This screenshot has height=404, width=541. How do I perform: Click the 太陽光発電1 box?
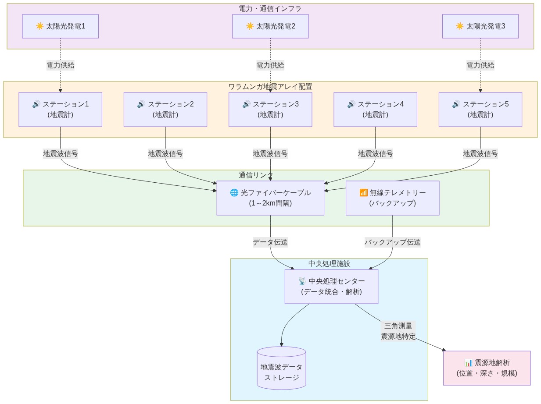(60, 26)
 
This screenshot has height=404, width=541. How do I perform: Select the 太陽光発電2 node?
(270, 26)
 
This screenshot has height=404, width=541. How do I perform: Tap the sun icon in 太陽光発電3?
(459, 26)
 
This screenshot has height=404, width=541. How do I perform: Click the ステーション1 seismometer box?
(60, 110)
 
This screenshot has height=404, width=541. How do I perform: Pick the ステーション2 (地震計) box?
(165, 110)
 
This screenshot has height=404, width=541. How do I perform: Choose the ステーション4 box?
(375, 110)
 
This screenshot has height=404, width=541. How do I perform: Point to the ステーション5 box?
(480, 110)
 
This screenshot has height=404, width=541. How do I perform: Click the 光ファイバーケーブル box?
(270, 198)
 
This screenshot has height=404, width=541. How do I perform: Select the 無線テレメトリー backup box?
(392, 198)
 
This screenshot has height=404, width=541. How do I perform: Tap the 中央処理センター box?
(331, 287)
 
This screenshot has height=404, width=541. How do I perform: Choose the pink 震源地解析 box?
(487, 368)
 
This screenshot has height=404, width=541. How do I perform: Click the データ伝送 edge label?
(270, 242)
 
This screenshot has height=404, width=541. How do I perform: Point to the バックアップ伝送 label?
(392, 242)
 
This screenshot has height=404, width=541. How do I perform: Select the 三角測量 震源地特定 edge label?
(398, 331)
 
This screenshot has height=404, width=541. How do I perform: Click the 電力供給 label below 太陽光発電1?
(60, 65)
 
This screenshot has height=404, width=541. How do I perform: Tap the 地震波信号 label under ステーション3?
(270, 154)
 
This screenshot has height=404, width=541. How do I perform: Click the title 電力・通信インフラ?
(270, 8)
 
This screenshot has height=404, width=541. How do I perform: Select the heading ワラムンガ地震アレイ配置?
(270, 86)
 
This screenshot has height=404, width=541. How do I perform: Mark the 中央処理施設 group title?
(329, 263)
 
